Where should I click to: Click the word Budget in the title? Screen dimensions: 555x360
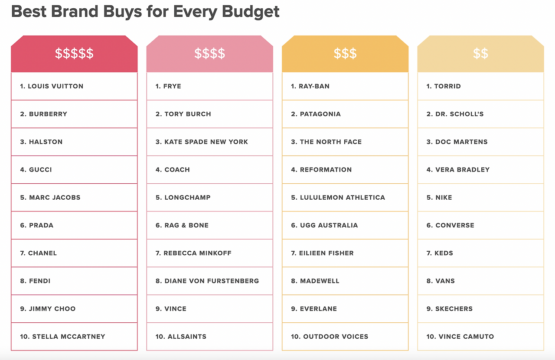coord(251,12)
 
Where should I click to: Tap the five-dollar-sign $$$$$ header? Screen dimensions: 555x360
coord(74,53)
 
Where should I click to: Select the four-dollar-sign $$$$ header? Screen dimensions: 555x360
coord(209,53)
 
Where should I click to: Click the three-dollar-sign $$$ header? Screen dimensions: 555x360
coord(345,53)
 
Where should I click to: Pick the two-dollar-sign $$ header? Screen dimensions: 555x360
coord(480,53)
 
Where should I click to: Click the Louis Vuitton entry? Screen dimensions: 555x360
coord(52,86)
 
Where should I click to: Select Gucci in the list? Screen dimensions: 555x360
coord(36,169)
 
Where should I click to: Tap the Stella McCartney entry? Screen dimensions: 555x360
coord(63,337)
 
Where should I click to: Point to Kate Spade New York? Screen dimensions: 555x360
coord(202,142)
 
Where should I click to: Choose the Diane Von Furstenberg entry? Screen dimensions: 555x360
coord(207,281)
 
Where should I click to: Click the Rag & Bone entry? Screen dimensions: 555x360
coord(182,225)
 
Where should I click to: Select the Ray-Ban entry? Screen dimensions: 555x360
coord(310,86)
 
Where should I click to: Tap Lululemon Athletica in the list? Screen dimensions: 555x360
coord(338,198)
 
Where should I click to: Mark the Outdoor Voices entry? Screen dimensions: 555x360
coord(330,337)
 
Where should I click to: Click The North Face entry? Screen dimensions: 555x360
coord(326,142)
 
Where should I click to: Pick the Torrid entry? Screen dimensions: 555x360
coord(444,86)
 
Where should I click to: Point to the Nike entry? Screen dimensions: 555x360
coord(439,198)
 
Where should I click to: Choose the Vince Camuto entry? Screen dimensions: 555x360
coord(460,337)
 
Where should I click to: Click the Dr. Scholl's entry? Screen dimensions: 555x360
coord(455,114)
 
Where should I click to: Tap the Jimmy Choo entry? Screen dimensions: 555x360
coord(48,309)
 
